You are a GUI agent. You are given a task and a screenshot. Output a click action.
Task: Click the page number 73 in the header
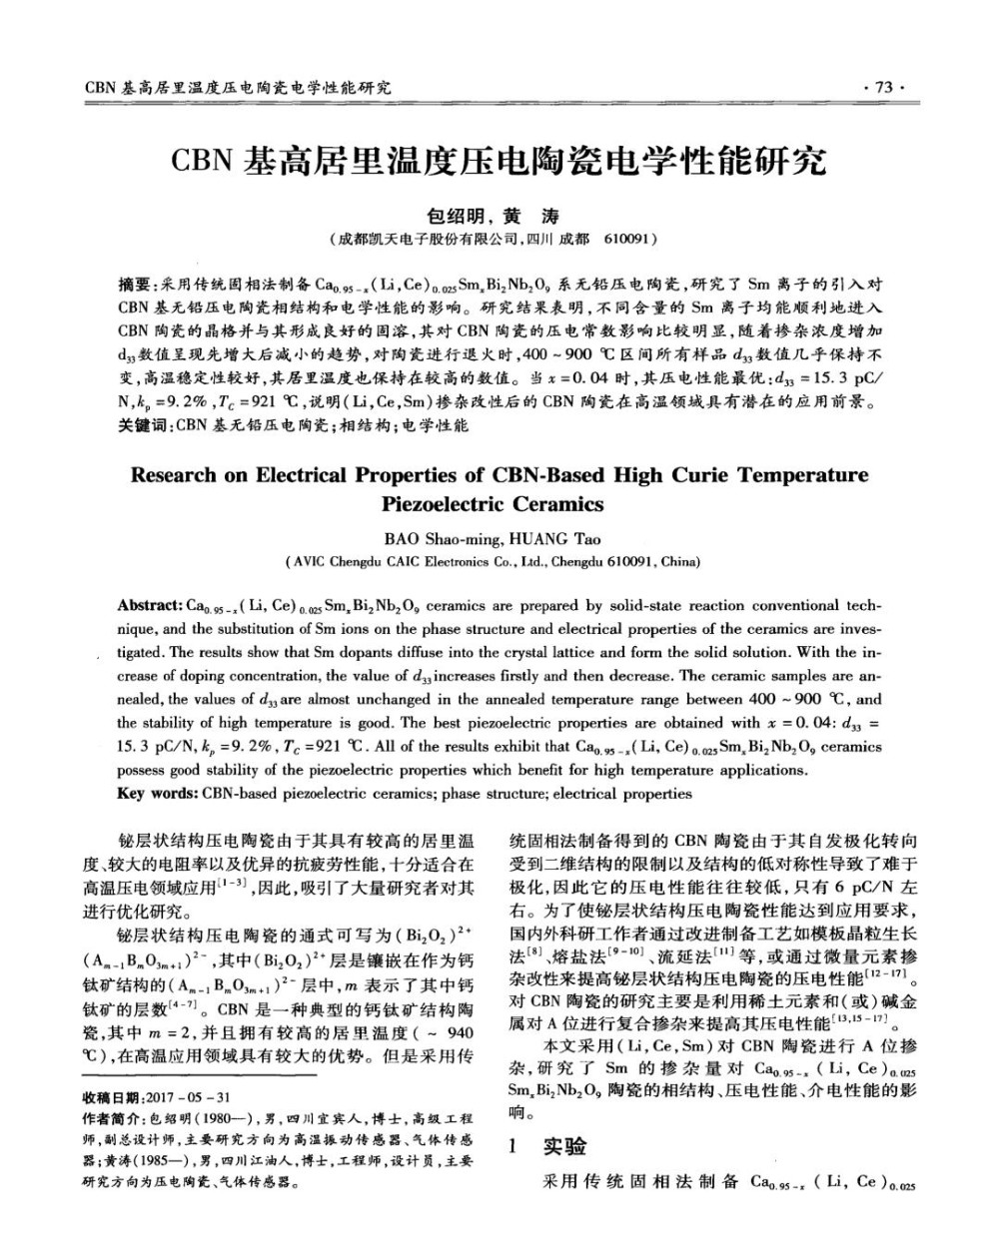coord(882,88)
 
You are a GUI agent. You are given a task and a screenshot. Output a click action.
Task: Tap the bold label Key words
coord(157,794)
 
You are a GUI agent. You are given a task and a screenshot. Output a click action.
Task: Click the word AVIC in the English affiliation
coord(310,562)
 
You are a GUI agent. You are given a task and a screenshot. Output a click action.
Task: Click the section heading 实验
coord(566,1146)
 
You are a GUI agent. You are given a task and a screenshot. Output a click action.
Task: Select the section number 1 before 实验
coord(515,1146)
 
